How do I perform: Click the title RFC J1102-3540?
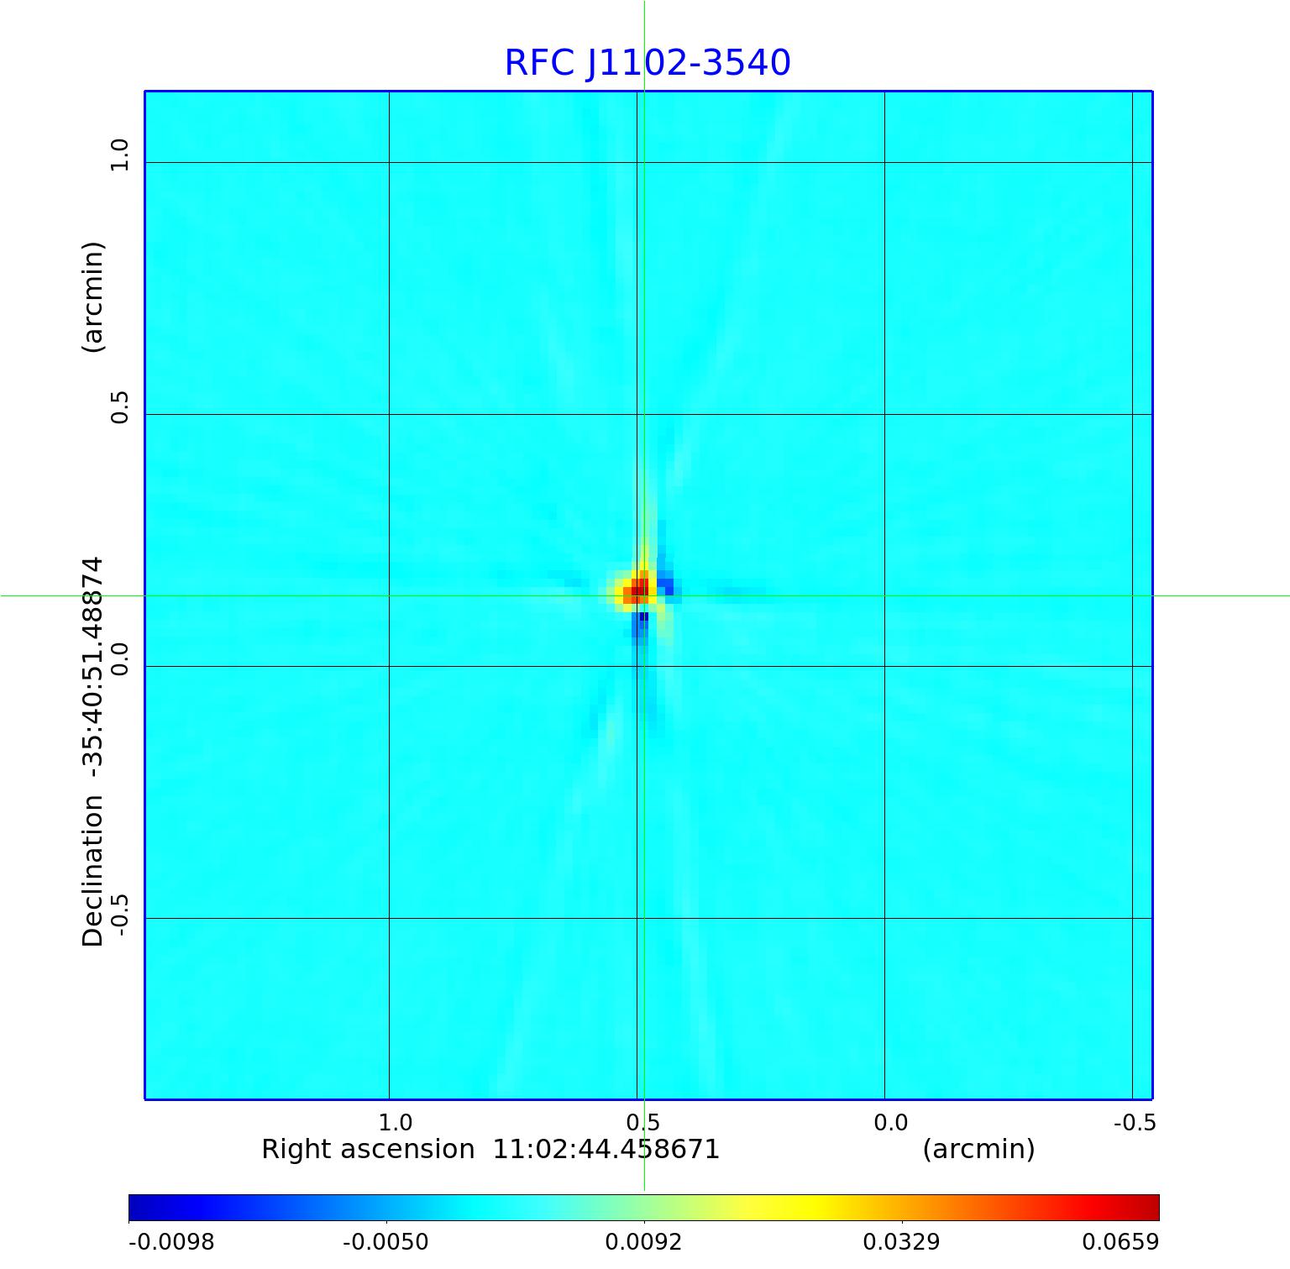pos(647,63)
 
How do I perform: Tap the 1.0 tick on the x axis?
pos(395,1123)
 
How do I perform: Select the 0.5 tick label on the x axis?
pos(642,1123)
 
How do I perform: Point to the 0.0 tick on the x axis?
pos(890,1123)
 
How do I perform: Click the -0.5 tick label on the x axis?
pos(1134,1123)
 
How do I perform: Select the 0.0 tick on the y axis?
pos(119,659)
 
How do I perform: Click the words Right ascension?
pos(368,1149)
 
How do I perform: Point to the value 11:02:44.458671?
pos(606,1149)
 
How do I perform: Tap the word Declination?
pos(92,871)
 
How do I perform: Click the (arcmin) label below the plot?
pos(978,1149)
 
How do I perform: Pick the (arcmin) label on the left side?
pos(92,297)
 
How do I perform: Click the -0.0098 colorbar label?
pos(171,1241)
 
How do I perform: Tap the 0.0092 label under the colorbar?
pos(643,1241)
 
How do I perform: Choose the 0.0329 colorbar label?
pos(901,1241)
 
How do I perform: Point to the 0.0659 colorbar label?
pos(1120,1241)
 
